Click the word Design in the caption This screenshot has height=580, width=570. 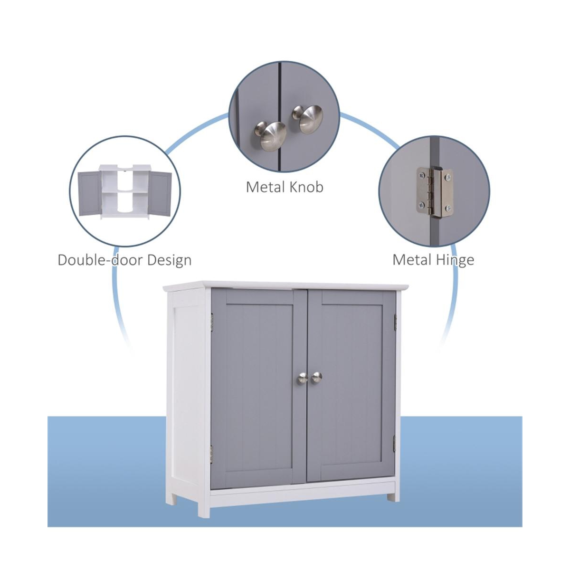point(169,260)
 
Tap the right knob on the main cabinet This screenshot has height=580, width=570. point(316,378)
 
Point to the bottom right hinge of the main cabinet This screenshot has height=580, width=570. point(394,444)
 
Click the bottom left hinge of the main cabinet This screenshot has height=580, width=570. point(212,454)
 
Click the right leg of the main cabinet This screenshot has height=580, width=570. point(393,497)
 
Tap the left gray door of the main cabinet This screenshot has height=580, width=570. point(256,385)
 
